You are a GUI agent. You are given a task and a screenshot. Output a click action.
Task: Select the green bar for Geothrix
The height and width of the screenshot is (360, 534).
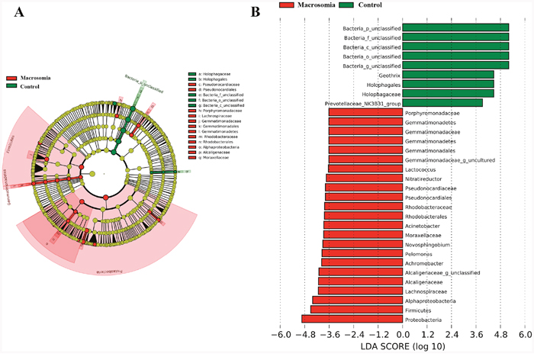(x=448, y=75)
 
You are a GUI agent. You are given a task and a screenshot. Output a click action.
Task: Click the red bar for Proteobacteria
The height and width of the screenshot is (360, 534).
(x=352, y=319)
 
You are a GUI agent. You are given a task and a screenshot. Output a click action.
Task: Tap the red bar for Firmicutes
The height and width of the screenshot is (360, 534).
(x=356, y=310)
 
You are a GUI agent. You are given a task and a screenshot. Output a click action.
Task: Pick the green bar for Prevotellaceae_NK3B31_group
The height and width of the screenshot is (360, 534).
(x=442, y=103)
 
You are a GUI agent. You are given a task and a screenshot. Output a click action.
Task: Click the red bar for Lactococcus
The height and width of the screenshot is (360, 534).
(x=365, y=169)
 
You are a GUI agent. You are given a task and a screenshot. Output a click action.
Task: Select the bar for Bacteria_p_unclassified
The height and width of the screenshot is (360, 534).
(x=455, y=28)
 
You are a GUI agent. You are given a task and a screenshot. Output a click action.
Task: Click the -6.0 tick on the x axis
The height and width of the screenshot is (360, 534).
(x=281, y=335)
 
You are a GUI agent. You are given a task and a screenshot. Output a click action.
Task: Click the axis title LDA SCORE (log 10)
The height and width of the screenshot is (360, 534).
(x=402, y=350)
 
